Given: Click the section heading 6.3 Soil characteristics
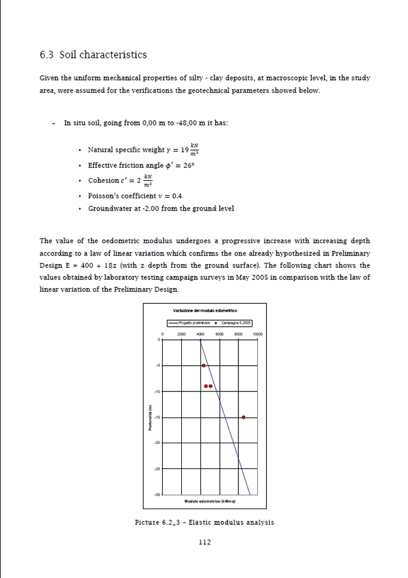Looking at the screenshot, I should click(93, 55).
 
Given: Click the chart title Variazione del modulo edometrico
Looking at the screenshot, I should click(205, 310).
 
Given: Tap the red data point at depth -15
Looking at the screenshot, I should click(244, 417).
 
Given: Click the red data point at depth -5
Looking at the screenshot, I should click(203, 366).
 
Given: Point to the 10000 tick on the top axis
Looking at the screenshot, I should click(258, 334).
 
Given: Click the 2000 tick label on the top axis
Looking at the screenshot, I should click(181, 334).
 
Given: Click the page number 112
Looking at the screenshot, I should click(205, 542).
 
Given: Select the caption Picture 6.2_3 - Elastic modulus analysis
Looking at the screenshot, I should click(204, 522).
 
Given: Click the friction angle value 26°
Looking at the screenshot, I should click(188, 165).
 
